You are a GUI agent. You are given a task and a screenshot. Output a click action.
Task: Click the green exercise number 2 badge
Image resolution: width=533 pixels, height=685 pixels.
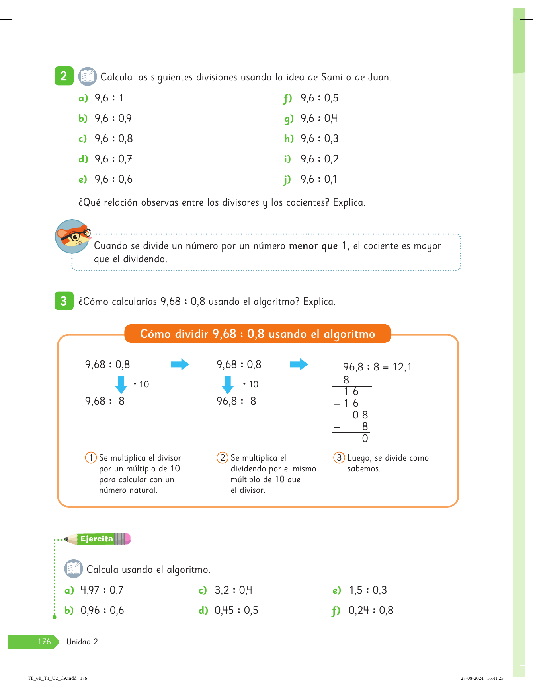point(64,76)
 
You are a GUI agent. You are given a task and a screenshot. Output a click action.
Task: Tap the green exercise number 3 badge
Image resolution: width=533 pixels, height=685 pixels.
point(64,301)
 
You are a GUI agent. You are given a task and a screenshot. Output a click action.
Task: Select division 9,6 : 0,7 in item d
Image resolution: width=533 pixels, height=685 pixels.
point(113,159)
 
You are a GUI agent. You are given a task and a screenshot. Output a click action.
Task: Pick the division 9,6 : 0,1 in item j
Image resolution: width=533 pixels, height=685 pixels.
point(318,179)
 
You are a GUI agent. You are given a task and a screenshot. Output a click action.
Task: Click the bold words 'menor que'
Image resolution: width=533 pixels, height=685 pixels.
point(313,246)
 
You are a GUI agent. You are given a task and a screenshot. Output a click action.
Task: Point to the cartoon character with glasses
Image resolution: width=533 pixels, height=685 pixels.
point(73,237)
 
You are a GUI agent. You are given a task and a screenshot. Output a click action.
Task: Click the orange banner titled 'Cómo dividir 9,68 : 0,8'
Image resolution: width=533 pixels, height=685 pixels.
point(258,334)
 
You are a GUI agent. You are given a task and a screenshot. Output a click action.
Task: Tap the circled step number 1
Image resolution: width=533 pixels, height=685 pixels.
point(91,458)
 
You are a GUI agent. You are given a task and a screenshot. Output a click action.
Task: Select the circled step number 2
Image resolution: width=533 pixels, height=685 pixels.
point(222,458)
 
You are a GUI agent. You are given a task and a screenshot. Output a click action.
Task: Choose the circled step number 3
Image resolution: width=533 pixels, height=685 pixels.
point(339,458)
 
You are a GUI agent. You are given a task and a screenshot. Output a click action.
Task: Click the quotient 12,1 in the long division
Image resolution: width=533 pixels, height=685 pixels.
point(402,367)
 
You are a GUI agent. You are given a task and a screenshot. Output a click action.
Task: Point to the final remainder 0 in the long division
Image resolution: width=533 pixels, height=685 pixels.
point(365,439)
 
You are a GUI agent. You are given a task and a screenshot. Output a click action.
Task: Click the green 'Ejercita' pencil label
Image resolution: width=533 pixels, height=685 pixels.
point(97,539)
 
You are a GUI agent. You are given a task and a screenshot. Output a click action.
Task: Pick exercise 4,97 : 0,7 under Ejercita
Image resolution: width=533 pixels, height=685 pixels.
point(102,590)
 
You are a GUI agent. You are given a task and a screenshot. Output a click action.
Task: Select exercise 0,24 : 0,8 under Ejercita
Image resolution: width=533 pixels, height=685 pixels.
point(371,611)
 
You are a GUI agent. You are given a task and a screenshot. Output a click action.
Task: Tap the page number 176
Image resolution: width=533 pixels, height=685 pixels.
point(44,642)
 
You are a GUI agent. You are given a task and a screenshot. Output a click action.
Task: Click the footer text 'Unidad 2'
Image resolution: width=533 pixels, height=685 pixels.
point(82,642)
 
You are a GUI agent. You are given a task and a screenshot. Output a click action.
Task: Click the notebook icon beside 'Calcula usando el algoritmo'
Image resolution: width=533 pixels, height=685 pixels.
point(74,569)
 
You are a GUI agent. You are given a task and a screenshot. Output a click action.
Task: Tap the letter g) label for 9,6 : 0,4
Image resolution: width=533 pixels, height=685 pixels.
point(289,119)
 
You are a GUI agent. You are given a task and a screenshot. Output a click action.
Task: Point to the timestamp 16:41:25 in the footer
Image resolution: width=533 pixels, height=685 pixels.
point(495,678)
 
